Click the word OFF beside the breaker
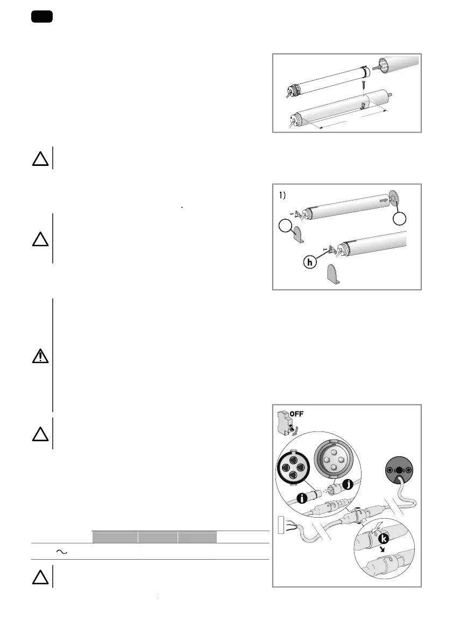pyautogui.click(x=301, y=415)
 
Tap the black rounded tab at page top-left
pyautogui.click(x=41, y=17)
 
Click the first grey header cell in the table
pyautogui.click(x=115, y=536)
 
